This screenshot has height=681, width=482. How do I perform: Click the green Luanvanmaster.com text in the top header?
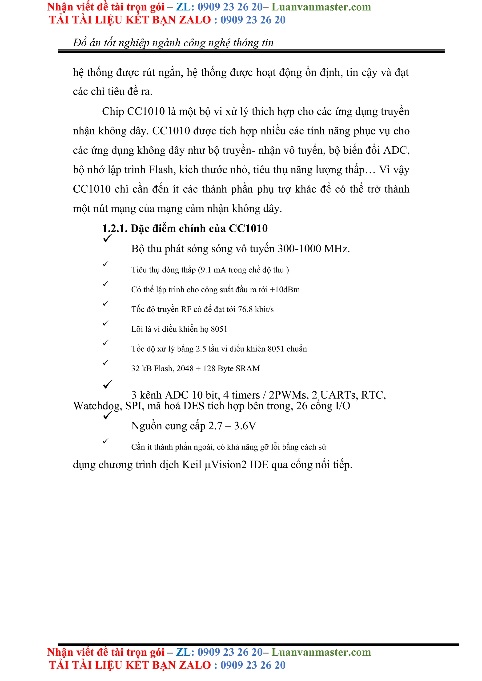tap(321, 7)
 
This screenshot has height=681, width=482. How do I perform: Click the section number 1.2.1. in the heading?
tap(115, 228)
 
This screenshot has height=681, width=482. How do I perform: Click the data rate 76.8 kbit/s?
tap(256, 309)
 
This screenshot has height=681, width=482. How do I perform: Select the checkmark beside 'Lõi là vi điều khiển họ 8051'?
tap(105, 323)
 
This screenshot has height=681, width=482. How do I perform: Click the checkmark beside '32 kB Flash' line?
tap(105, 362)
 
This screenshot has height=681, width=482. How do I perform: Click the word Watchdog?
tap(97, 406)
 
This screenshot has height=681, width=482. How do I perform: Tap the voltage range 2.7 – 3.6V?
tap(232, 426)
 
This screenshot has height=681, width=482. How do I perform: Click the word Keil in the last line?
tap(192, 465)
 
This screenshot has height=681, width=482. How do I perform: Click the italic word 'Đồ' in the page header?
tap(80, 43)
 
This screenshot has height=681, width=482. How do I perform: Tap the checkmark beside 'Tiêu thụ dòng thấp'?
tap(105, 264)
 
